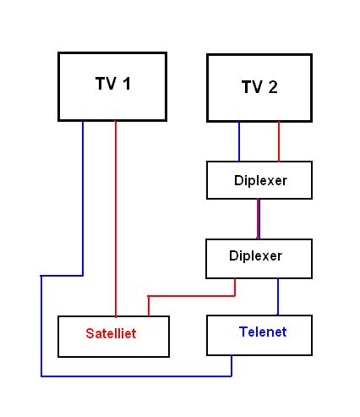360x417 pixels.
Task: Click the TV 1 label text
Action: pos(113,84)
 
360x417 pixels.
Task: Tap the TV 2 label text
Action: pos(259,87)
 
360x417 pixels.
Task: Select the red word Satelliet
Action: pos(111,333)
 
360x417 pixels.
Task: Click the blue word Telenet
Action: pos(263,332)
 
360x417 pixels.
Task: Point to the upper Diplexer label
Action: pos(260,180)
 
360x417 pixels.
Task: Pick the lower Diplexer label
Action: pos(255,255)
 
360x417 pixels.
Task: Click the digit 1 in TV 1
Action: pos(127,84)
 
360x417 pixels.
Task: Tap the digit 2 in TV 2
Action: pos(273,87)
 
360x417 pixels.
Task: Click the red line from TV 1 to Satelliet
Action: pos(116,219)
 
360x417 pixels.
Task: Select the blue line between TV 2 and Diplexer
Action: pos(239,141)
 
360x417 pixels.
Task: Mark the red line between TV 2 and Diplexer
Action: pos(279,141)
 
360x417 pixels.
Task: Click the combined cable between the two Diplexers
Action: pos(259,219)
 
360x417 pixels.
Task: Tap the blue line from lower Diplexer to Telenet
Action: pos(278,297)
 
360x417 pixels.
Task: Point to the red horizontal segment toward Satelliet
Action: pos(192,296)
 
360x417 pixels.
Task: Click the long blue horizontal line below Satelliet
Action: pos(136,376)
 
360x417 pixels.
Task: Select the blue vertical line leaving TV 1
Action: pos(83,198)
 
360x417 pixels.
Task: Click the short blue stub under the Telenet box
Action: pos(232,365)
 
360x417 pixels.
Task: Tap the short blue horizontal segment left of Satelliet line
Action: pos(62,276)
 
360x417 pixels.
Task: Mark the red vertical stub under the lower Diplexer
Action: pos(235,288)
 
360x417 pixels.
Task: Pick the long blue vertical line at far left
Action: pos(41,326)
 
